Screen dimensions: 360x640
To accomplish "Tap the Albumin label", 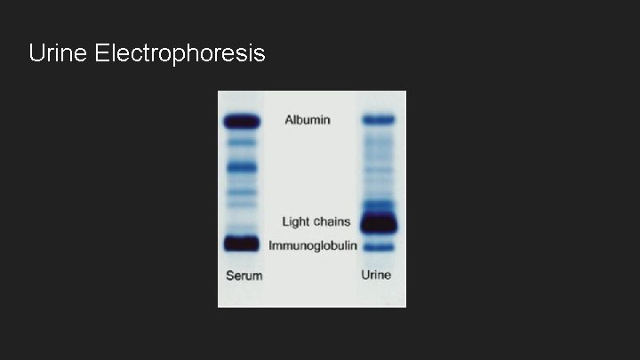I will pyautogui.click(x=308, y=119).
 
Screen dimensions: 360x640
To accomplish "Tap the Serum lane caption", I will pyautogui.click(x=243, y=276).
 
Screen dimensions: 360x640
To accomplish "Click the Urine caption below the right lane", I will pyautogui.click(x=376, y=275).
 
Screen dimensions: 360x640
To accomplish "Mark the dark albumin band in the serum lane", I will pyautogui.click(x=241, y=121).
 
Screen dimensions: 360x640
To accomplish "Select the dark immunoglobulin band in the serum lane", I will pyautogui.click(x=241, y=243).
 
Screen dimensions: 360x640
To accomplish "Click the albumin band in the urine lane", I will pyautogui.click(x=378, y=118).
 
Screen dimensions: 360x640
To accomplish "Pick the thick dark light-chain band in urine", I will pyautogui.click(x=378, y=223).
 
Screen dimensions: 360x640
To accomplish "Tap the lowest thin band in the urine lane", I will pyautogui.click(x=378, y=246).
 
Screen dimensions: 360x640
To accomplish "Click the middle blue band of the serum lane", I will pyautogui.click(x=241, y=166).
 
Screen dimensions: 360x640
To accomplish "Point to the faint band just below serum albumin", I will pyautogui.click(x=241, y=142).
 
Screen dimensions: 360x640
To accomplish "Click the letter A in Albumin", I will pyautogui.click(x=289, y=119).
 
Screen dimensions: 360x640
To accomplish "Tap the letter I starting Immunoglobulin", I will pyautogui.click(x=272, y=244).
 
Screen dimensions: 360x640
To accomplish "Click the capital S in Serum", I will pyautogui.click(x=229, y=276).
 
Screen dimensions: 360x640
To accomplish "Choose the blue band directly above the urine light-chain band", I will pyautogui.click(x=378, y=205).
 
